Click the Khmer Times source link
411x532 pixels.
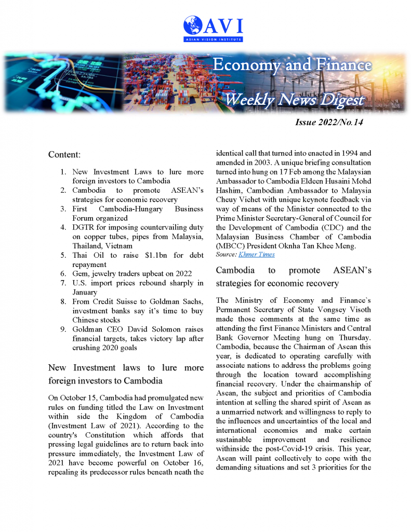tap(257, 255)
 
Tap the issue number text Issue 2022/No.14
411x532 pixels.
tap(329, 123)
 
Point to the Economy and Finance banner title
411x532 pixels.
tap(293, 65)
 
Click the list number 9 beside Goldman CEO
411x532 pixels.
tap(62, 329)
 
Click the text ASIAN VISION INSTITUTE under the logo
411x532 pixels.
tap(213, 39)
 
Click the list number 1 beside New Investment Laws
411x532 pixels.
tap(62, 171)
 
